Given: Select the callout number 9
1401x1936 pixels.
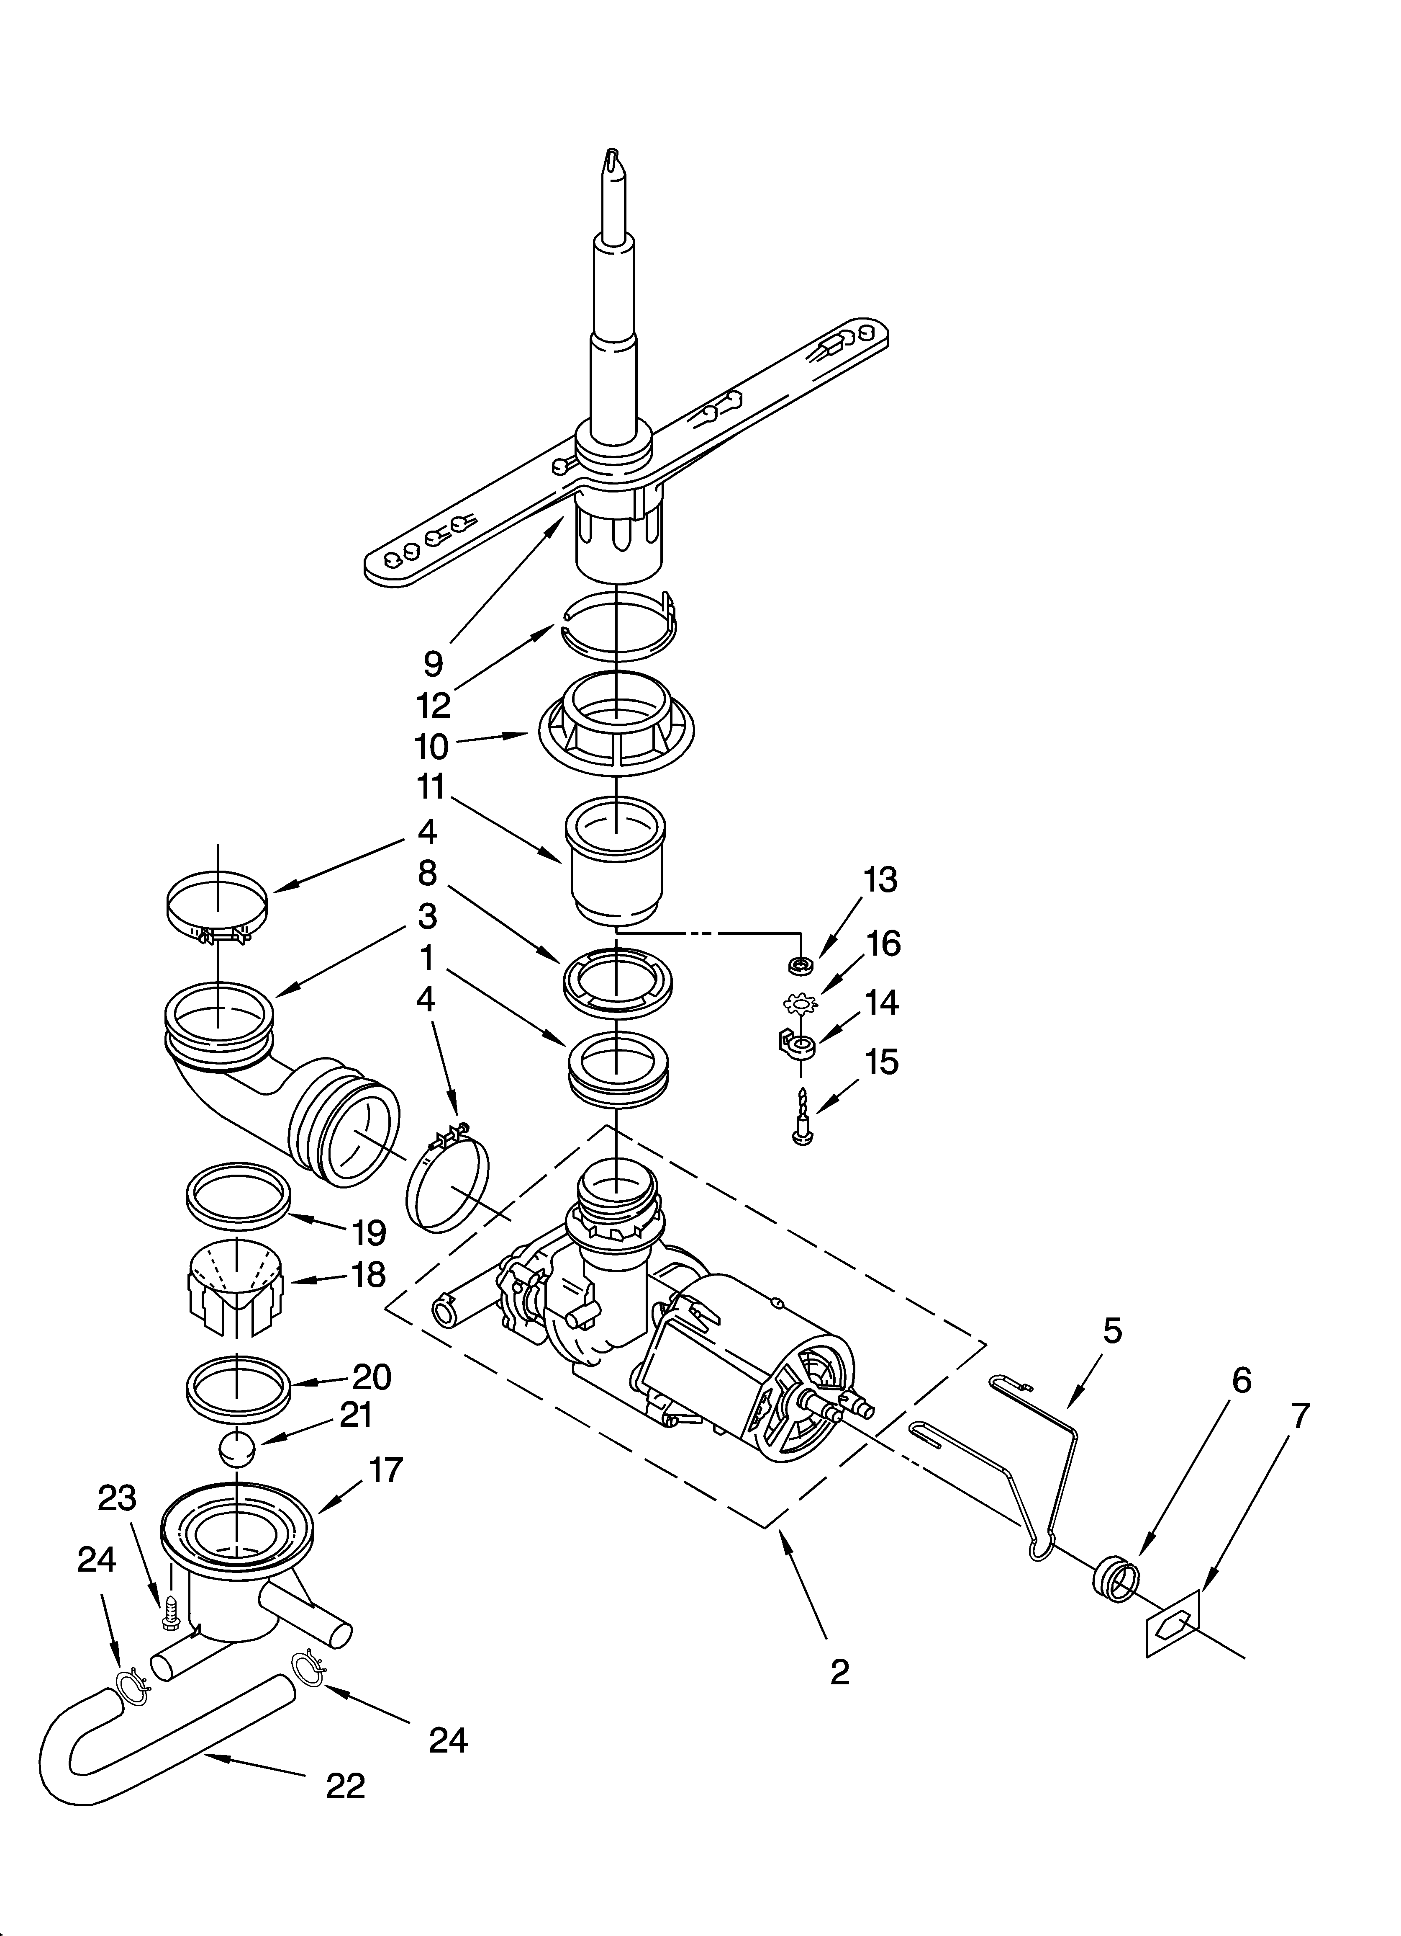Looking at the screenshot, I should point(434,663).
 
